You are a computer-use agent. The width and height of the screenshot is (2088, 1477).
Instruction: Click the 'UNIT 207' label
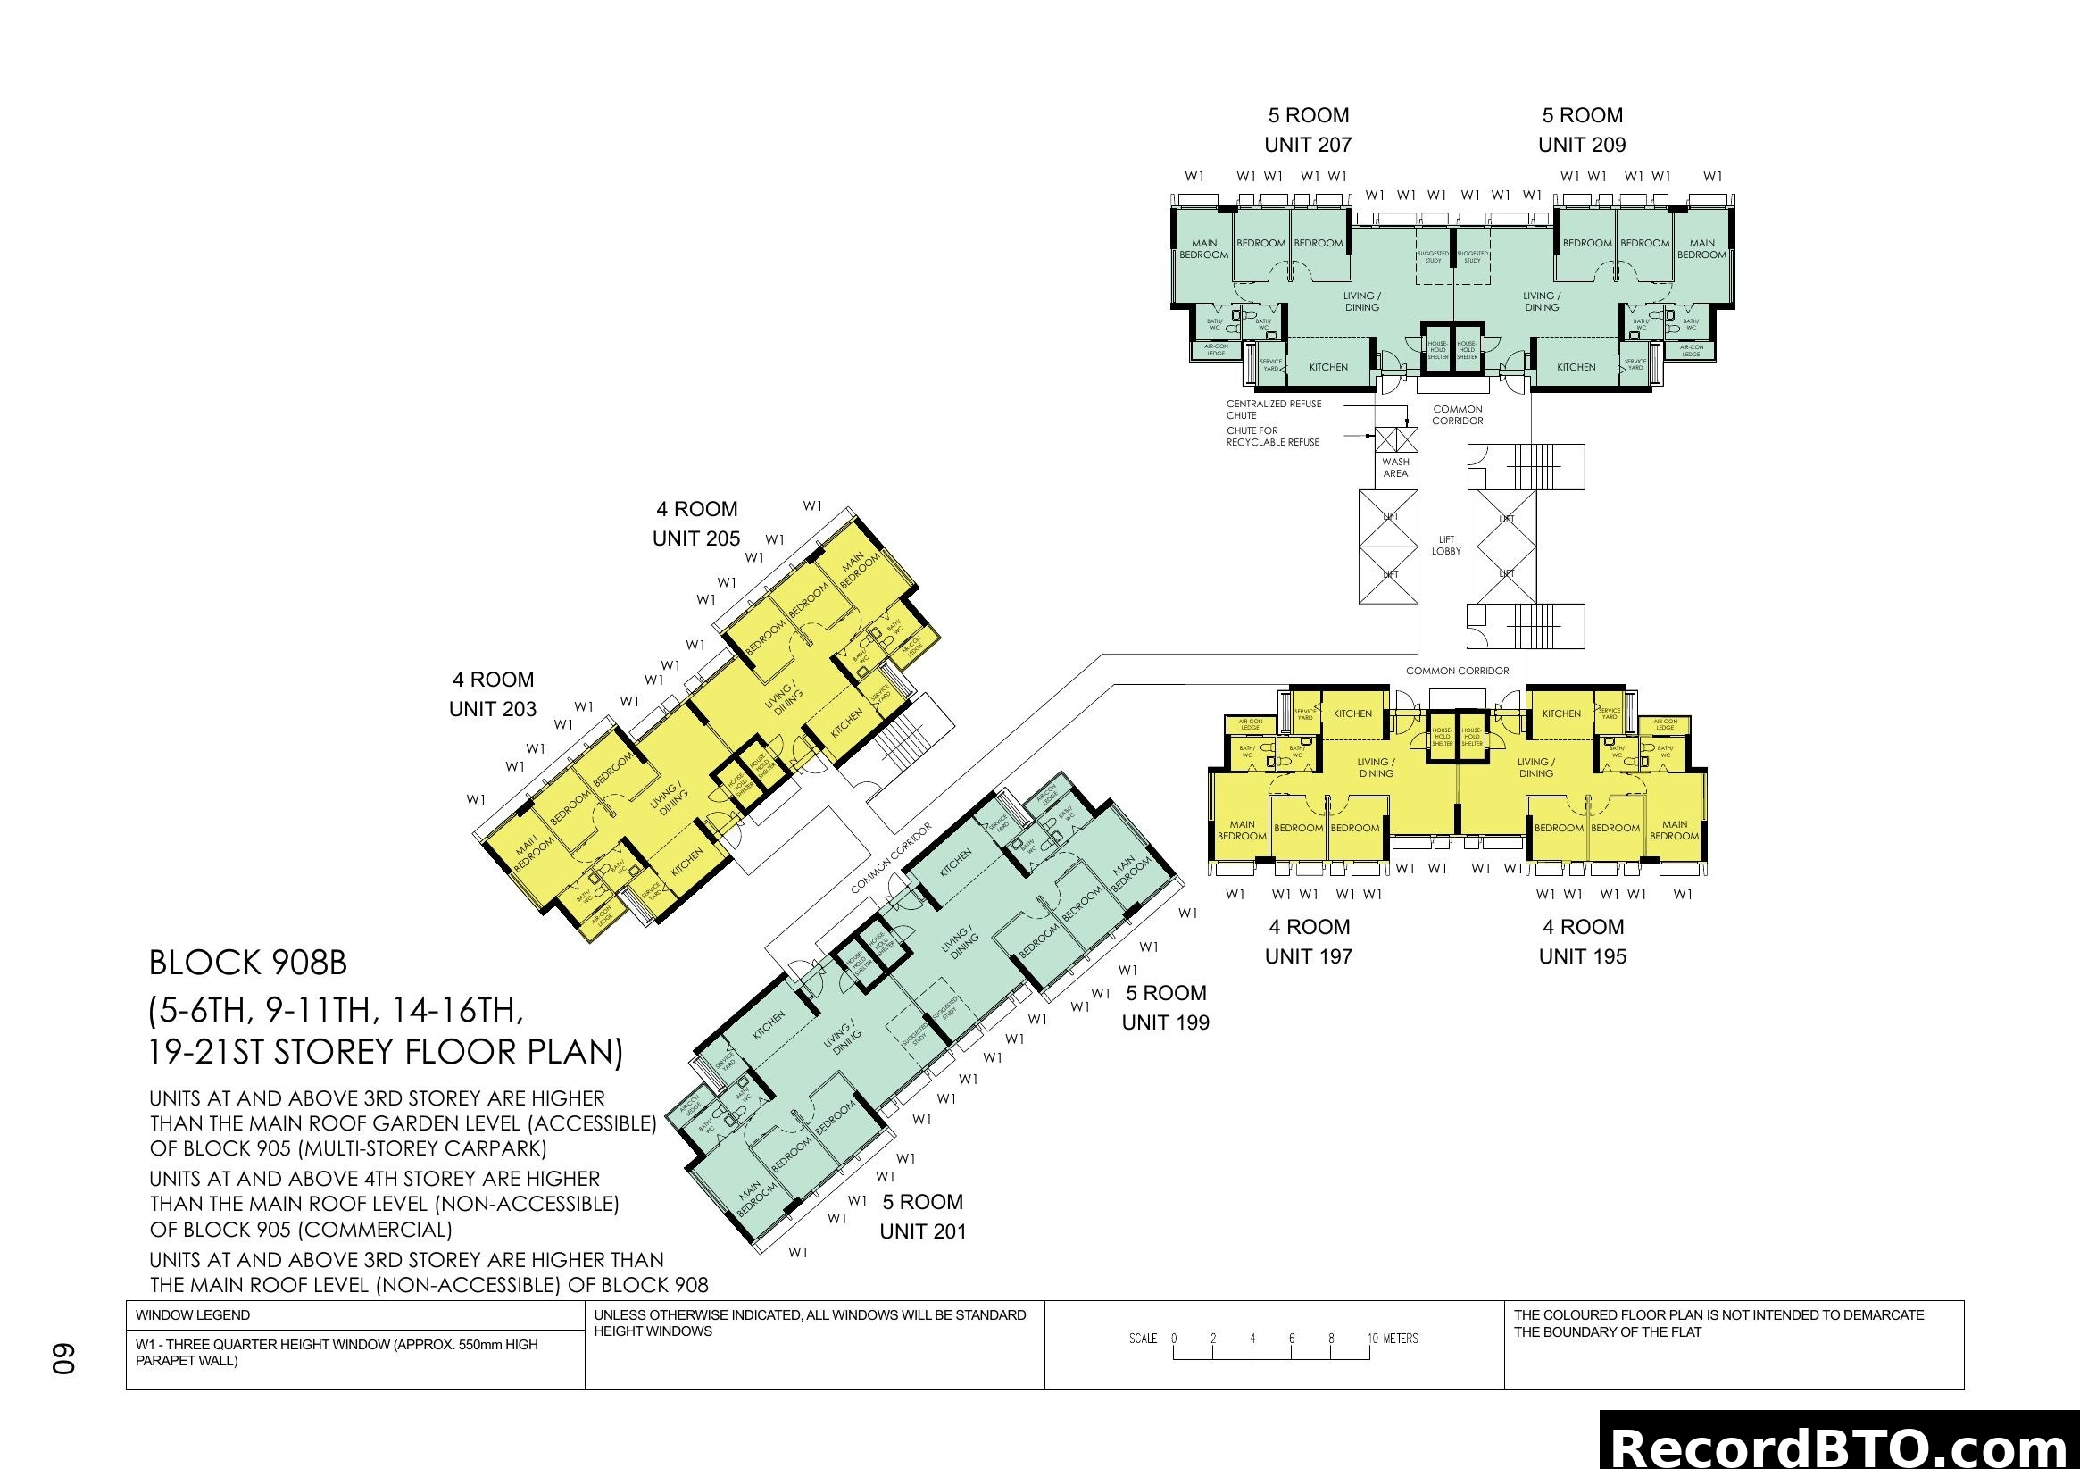[1308, 145]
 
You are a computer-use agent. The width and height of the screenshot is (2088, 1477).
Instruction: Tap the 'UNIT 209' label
[1582, 145]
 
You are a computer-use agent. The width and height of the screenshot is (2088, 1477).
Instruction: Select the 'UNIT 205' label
[695, 538]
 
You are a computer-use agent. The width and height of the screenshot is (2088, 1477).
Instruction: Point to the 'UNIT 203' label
[493, 708]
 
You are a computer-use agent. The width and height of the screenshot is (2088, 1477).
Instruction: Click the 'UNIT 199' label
[1165, 1022]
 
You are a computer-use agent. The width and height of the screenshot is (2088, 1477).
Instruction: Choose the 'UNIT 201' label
[922, 1231]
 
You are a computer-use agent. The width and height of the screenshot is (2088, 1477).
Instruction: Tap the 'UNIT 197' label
[1309, 955]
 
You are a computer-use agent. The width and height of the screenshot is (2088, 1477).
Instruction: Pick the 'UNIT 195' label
[1583, 955]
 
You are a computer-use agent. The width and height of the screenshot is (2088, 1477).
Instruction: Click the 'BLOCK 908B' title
[247, 963]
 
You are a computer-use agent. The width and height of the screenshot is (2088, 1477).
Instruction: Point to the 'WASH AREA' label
[1395, 467]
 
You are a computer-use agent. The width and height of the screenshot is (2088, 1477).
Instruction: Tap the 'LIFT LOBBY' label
[1446, 545]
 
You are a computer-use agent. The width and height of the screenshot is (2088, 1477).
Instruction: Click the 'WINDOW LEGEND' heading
[193, 1315]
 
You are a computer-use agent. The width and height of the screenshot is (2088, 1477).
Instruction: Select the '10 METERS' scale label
[1393, 1339]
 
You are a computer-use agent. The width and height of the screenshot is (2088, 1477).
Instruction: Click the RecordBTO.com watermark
[1843, 1446]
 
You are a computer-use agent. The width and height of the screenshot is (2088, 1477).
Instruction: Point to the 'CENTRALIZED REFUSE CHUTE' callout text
[1273, 409]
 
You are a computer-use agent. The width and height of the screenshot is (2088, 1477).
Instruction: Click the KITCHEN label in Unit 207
[1328, 367]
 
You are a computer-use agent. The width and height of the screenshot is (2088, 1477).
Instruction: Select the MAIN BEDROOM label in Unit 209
[1701, 249]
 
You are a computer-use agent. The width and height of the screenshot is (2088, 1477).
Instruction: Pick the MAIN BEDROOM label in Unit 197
[1242, 830]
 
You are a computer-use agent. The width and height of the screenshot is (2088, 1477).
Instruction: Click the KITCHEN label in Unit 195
[1561, 714]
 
